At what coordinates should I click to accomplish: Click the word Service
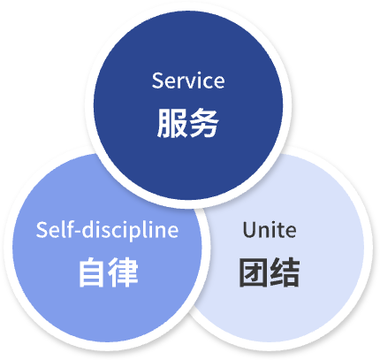tap(188, 80)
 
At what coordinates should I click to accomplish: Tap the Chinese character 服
tap(172, 123)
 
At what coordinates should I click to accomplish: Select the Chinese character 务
tap(204, 123)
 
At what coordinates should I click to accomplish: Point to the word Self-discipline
tap(107, 230)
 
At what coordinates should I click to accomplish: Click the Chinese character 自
tap(92, 272)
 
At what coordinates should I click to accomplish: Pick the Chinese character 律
tap(123, 272)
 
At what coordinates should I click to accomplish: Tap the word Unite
tap(270, 230)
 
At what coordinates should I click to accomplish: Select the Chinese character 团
tap(253, 272)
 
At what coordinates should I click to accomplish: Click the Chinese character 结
tap(285, 272)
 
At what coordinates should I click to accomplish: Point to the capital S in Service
tap(156, 80)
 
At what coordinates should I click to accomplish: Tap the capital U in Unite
tap(249, 230)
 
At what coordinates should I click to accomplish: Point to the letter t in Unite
tap(279, 231)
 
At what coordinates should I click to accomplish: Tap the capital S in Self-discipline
tap(42, 230)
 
